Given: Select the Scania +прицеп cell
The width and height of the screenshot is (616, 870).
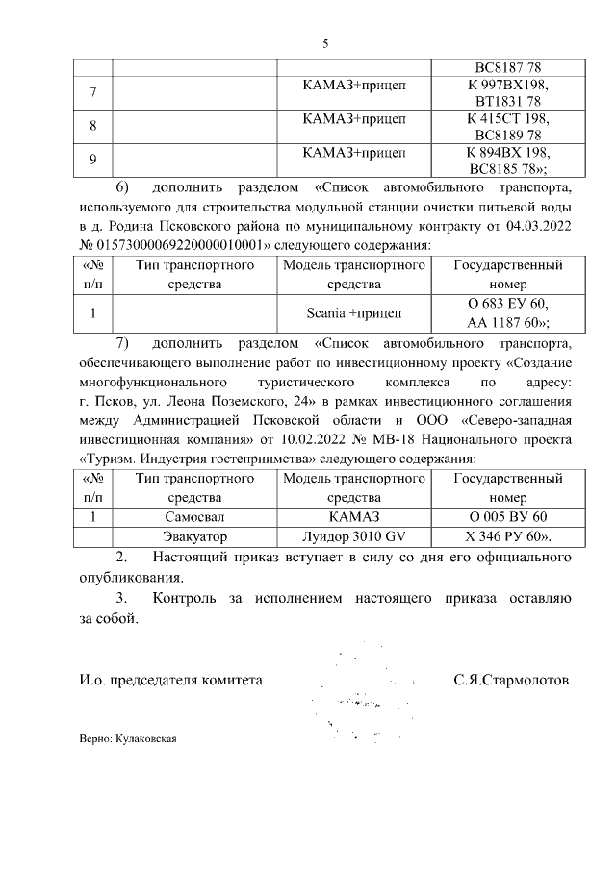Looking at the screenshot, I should [x=353, y=312].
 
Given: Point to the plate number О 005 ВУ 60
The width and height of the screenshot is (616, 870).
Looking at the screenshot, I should [x=507, y=517].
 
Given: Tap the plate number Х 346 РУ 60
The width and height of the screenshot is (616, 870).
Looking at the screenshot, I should [x=507, y=535].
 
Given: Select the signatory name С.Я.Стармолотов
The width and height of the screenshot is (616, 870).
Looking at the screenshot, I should [x=510, y=680].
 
